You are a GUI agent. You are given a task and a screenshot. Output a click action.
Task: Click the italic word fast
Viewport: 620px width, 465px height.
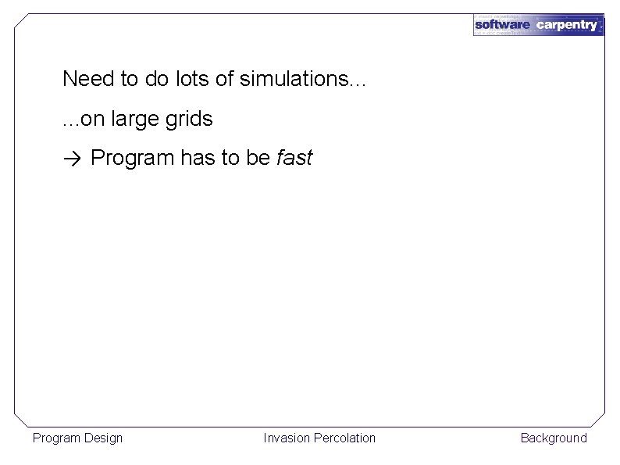[294, 159]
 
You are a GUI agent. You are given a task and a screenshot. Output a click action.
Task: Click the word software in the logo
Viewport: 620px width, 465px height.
[502, 25]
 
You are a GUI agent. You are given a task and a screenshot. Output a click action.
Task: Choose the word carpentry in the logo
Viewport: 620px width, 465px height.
[567, 25]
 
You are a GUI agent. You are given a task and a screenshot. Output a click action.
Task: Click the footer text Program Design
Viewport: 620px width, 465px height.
[77, 438]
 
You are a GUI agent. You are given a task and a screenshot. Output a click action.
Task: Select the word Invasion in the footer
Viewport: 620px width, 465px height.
[287, 438]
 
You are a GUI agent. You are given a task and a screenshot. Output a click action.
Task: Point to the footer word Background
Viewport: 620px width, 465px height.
[554, 438]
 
